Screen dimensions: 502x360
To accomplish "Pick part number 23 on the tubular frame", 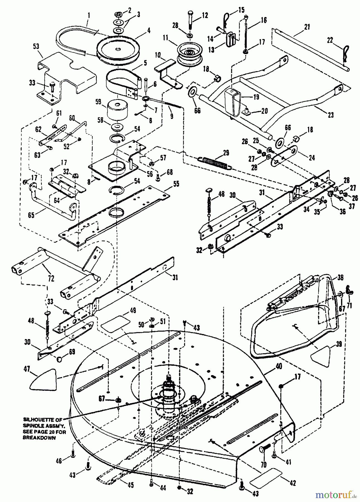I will [x=330, y=114].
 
